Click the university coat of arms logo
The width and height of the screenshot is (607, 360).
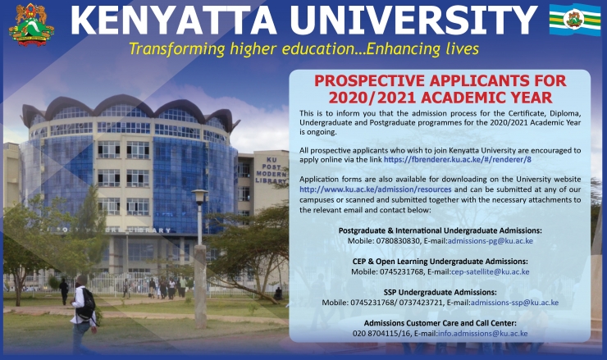coord(31,25)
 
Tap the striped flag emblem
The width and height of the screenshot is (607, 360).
coord(575,20)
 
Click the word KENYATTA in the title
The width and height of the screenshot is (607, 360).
coord(173,21)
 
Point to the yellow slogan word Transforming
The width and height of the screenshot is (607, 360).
coord(176,49)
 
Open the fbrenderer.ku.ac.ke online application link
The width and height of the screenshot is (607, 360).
coord(457,159)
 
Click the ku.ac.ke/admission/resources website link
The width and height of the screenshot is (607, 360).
coord(375,189)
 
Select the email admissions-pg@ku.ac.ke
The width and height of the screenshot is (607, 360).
coord(490,241)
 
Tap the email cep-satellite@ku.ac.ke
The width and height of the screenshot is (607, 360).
coord(490,271)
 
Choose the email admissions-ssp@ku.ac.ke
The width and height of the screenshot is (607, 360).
coord(514,303)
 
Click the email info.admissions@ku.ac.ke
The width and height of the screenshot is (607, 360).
coord(483,333)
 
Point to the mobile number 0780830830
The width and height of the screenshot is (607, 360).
coord(398,241)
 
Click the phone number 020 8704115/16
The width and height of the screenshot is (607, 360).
coord(381,333)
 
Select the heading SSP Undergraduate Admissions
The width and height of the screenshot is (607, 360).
coord(440,292)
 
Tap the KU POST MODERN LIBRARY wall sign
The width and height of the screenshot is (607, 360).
coord(271,171)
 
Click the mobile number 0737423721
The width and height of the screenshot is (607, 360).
coord(421,303)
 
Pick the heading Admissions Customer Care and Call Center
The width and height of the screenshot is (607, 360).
coord(440,323)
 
